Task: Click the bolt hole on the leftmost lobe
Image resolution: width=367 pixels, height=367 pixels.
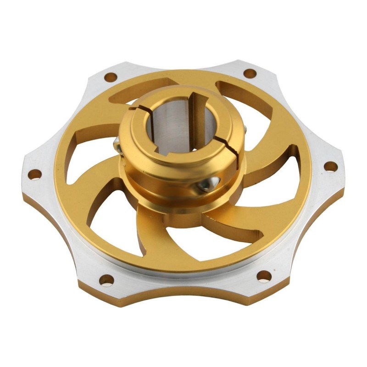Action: click(34, 175)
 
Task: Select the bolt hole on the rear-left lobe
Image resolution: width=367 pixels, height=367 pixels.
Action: click(110, 77)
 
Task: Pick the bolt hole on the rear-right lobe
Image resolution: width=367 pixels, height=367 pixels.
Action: click(249, 73)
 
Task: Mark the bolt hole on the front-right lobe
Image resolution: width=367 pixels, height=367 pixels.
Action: click(264, 276)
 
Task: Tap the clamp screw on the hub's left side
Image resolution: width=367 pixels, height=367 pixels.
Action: click(118, 146)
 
